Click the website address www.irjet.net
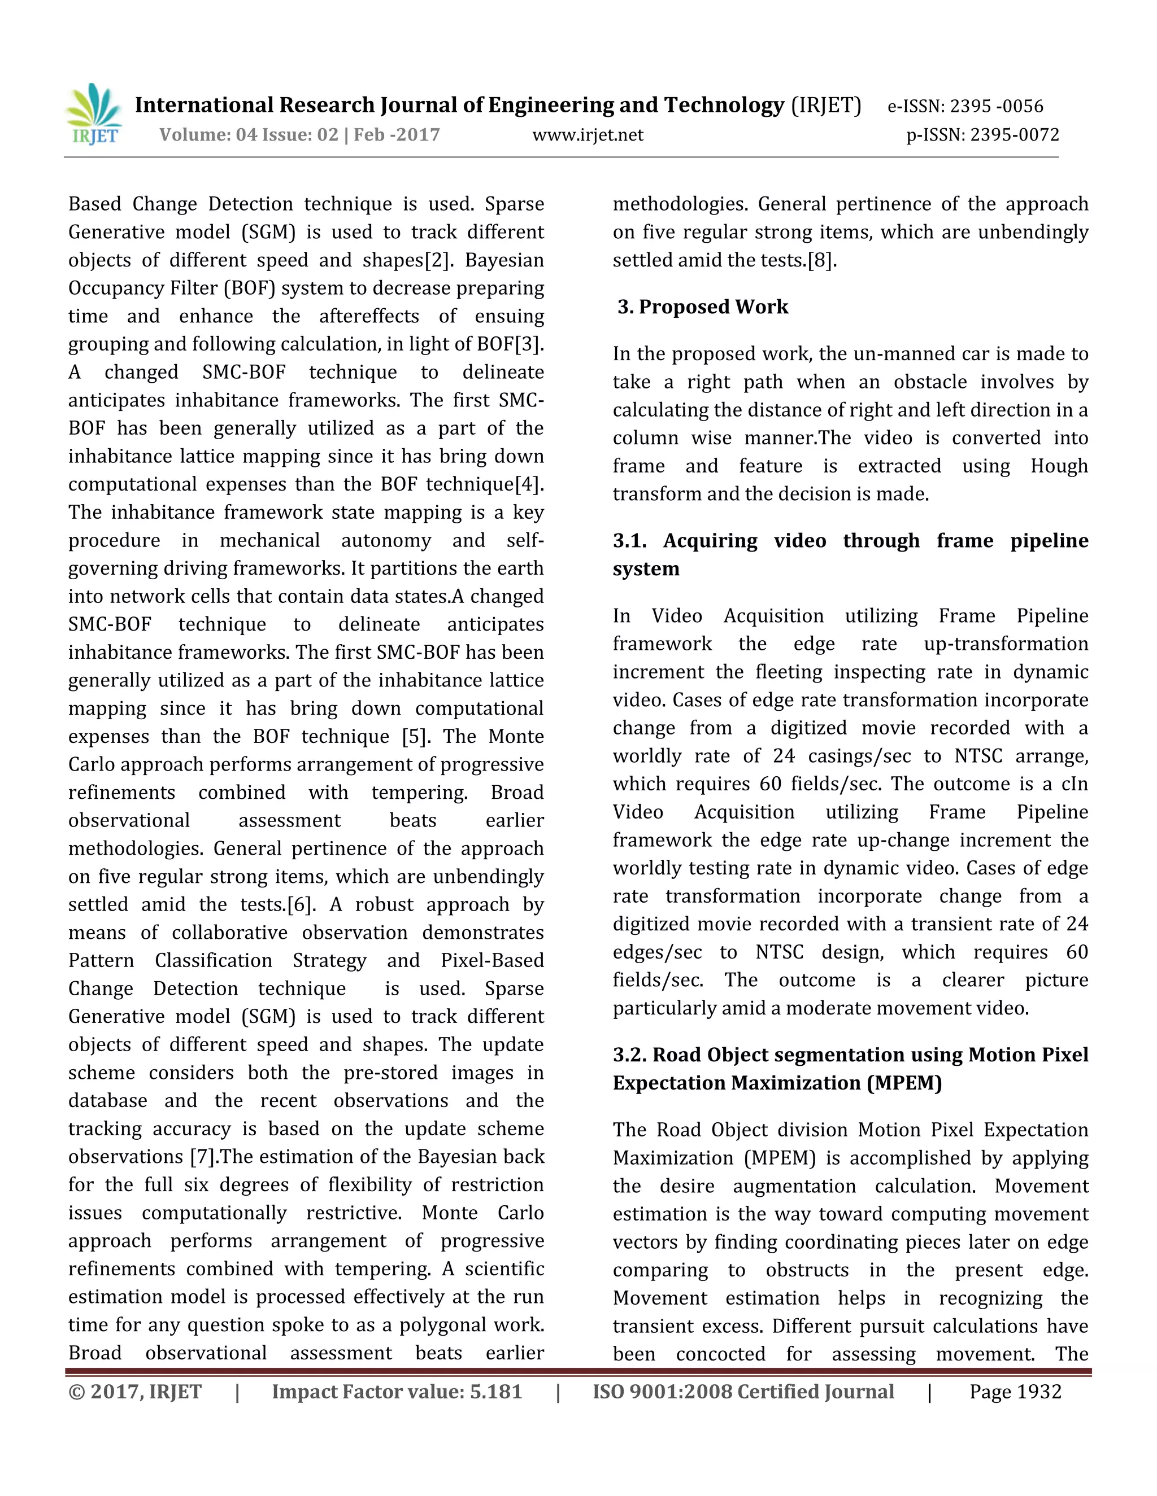[588, 135]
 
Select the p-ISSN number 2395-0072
[1015, 135]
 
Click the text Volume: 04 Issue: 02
[249, 134]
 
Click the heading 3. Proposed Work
[703, 307]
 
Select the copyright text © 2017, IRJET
[135, 1392]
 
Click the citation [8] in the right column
[821, 261]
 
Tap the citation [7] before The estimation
[202, 1157]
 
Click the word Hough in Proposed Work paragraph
[1059, 466]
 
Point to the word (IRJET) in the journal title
[826, 105]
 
